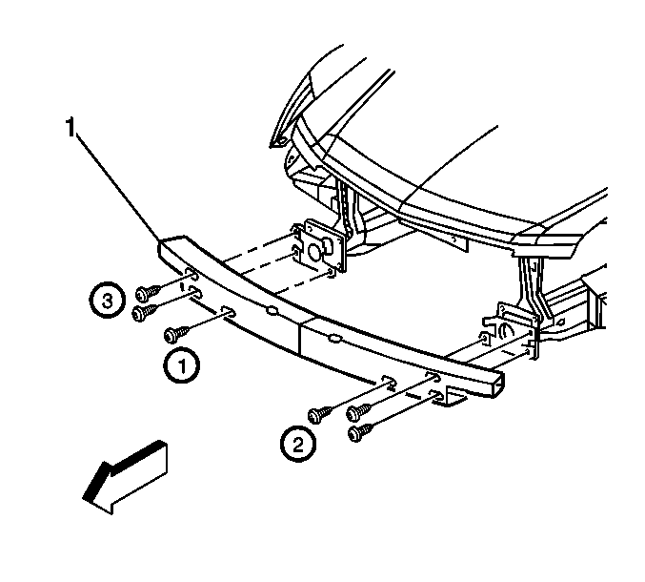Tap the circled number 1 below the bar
coord(182,365)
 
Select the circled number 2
coord(298,444)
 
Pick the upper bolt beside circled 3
coord(148,293)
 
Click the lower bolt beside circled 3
coord(145,313)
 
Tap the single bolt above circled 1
coord(176,334)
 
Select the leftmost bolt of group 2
coord(320,414)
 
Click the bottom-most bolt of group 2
coord(360,432)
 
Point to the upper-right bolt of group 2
coord(359,411)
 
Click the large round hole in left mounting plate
coord(313,252)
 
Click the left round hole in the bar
coord(272,310)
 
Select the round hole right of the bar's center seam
coord(334,339)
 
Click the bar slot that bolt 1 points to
coord(229,312)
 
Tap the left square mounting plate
coord(321,247)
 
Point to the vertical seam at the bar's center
coord(300,336)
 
